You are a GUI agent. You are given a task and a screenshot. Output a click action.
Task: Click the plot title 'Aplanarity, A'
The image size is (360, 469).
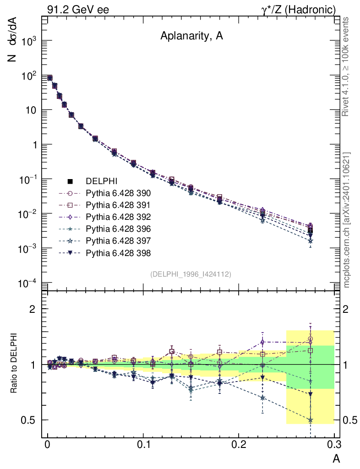coord(191,37)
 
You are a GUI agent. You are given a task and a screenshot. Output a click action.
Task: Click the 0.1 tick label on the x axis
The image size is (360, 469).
coord(143,445)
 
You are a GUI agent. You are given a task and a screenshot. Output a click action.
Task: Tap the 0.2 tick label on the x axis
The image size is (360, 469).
coord(239,445)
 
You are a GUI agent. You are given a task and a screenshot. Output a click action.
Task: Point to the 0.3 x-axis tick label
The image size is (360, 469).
coord(334,445)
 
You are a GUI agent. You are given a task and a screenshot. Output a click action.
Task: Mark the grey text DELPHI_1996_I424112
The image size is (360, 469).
coord(190,274)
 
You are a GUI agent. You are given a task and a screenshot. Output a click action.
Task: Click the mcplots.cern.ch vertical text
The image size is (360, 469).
coord(347,220)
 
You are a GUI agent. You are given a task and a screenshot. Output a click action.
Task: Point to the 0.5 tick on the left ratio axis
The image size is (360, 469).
coord(32,420)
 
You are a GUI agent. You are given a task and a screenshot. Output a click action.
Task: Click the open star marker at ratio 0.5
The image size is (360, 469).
coord(311,420)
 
